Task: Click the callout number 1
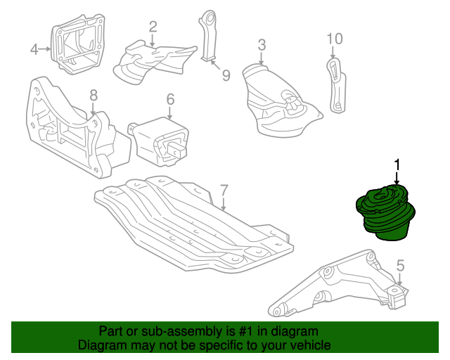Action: point(397,166)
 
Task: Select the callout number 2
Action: point(153,27)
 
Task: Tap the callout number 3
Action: point(262,45)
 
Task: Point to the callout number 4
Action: point(34,49)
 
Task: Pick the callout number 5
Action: point(400,266)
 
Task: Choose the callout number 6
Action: point(170,99)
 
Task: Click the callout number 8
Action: point(94,96)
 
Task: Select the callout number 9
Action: point(226,75)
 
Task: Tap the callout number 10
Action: point(335,39)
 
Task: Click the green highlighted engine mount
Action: point(385,212)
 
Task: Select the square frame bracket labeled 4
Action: point(78,44)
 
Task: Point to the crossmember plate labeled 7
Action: point(194,224)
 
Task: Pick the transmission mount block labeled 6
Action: point(159,141)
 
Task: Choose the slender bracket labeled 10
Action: point(336,85)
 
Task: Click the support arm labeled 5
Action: point(339,284)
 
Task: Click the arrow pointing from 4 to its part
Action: point(45,49)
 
